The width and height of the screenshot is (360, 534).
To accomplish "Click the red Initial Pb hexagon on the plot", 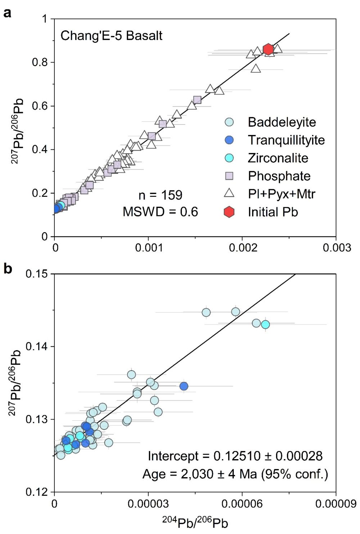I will pyautogui.click(x=268, y=50).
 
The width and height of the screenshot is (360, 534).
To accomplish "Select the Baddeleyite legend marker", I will pyautogui.click(x=229, y=122).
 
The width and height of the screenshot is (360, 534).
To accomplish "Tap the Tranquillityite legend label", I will pyautogui.click(x=286, y=140).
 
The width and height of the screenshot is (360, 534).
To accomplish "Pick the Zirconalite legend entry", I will pyautogui.click(x=278, y=158).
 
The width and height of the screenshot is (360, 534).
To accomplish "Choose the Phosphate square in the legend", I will pyautogui.click(x=229, y=176).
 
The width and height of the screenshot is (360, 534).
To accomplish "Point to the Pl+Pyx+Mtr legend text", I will pyautogui.click(x=282, y=194).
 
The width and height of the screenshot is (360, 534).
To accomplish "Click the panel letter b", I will pyautogui.click(x=7, y=268).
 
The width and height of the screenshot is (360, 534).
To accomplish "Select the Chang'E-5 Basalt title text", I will pyautogui.click(x=111, y=36).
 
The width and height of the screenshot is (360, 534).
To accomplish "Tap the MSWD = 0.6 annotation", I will pyautogui.click(x=160, y=212).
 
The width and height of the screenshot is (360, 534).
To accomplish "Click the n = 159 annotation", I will pyautogui.click(x=160, y=195).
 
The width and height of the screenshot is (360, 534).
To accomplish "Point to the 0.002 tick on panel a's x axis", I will pyautogui.click(x=242, y=248).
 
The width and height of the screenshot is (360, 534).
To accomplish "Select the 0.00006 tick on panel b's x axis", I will pyautogui.click(x=242, y=503).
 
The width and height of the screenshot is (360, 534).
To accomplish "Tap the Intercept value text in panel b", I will pyautogui.click(x=235, y=456).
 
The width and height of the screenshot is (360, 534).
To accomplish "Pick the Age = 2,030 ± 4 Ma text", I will pyautogui.click(x=235, y=474).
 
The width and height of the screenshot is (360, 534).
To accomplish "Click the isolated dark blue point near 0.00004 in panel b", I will pyautogui.click(x=184, y=386).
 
